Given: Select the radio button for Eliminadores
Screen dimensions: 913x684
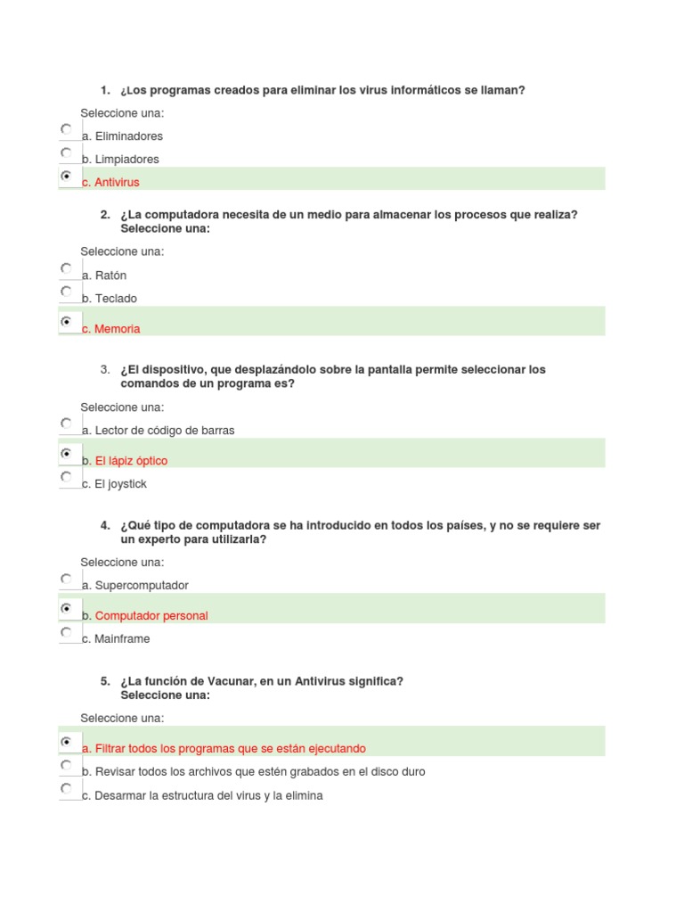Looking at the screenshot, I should click(x=66, y=129).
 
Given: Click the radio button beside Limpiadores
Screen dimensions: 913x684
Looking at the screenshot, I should click(x=66, y=152).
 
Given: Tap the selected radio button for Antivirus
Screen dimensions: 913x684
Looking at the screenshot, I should click(x=66, y=177).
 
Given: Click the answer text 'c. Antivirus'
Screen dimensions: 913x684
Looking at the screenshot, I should click(x=110, y=183).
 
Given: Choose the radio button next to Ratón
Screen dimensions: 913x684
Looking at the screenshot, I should click(x=66, y=267).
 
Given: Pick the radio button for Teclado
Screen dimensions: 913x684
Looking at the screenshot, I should click(x=66, y=291).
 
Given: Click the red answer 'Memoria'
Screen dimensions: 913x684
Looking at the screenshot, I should click(x=118, y=329).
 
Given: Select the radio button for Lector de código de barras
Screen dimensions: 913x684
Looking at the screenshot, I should click(x=66, y=423).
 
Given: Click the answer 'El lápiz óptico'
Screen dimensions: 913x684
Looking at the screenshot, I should click(x=131, y=461).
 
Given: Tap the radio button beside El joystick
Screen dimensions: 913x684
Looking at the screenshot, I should click(x=66, y=477).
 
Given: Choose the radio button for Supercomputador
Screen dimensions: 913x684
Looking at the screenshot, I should click(x=66, y=579).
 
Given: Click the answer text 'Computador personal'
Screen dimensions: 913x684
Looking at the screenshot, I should click(x=151, y=616).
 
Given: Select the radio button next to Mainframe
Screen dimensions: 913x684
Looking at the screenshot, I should click(x=66, y=632).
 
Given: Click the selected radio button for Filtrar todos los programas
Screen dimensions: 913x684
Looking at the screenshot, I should click(x=66, y=741).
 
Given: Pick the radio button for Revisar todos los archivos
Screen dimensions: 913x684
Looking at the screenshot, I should click(x=66, y=765).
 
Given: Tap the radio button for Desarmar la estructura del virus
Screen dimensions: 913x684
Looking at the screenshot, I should click(x=66, y=788).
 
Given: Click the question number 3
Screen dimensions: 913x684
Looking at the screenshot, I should click(x=105, y=369).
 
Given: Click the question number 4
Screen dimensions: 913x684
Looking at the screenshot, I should click(x=105, y=525).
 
